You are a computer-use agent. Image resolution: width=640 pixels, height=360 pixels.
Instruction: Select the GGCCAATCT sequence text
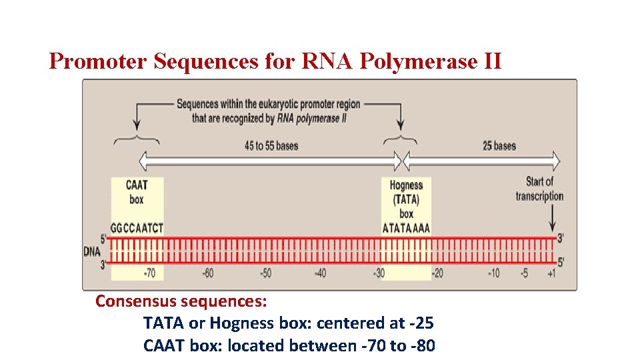tap(137, 228)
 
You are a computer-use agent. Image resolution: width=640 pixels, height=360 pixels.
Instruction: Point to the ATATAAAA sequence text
tap(406, 228)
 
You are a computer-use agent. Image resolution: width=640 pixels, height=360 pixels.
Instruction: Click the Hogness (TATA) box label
tap(406, 199)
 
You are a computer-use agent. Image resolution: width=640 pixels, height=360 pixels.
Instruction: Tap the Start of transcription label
tap(539, 189)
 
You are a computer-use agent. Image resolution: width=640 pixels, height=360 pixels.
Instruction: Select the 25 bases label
tap(499, 145)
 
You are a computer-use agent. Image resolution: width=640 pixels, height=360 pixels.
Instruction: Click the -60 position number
tap(207, 273)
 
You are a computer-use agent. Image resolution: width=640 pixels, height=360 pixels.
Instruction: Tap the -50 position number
tap(265, 273)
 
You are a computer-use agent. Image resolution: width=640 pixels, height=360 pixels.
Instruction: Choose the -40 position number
tap(321, 273)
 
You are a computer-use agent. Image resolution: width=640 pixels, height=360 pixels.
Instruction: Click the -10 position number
tap(493, 273)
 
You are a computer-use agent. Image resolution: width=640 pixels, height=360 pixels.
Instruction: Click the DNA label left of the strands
tap(93, 251)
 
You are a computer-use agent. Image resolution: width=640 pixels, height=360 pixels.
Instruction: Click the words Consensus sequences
tap(181, 301)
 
